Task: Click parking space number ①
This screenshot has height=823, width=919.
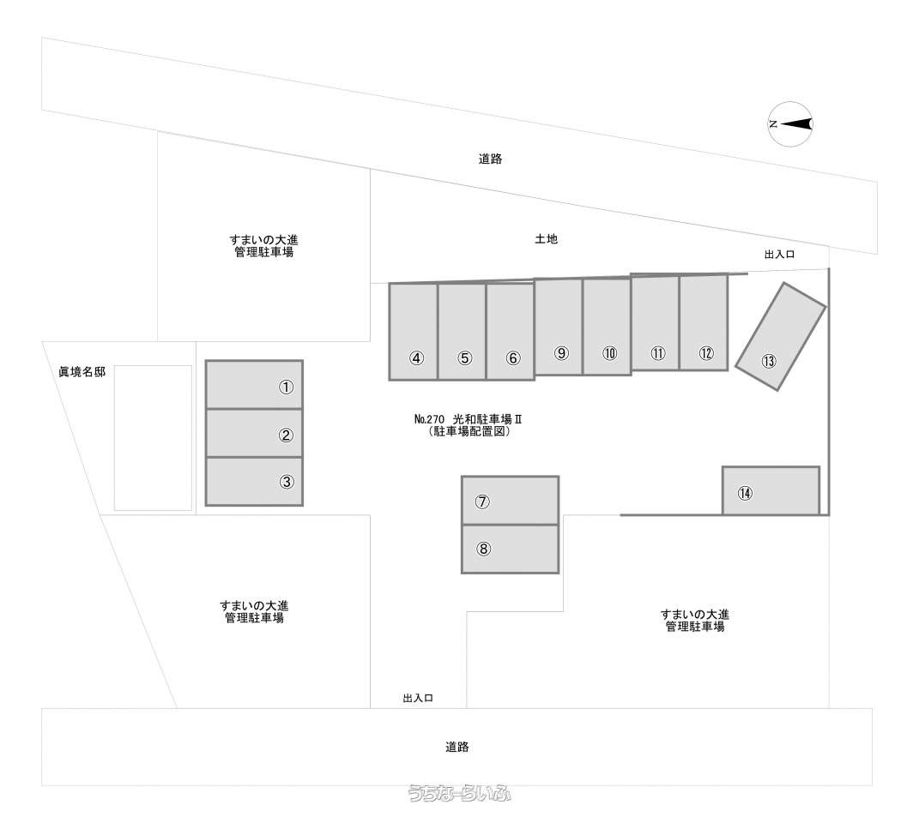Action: (254, 384)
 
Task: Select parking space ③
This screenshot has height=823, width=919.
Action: (254, 481)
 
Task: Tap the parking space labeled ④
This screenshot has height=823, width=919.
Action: (414, 332)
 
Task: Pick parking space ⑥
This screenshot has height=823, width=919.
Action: (510, 332)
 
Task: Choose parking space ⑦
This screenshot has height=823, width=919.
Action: (510, 501)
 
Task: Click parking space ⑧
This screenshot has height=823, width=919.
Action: (510, 549)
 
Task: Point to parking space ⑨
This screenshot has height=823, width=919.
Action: (559, 327)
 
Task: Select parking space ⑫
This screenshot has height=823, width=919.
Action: (704, 322)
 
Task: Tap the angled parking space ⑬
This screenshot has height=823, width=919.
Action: (781, 336)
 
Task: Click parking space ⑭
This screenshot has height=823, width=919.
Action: (771, 491)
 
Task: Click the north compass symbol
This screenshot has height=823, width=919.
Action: (790, 124)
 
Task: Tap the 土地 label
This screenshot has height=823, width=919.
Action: (546, 239)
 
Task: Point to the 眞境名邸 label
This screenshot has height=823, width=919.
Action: (82, 372)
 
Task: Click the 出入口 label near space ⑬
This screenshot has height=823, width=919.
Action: (779, 255)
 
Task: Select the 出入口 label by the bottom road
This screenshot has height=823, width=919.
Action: (418, 698)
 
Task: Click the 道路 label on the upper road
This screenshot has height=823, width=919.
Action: (490, 159)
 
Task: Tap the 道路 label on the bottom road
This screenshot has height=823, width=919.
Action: (456, 747)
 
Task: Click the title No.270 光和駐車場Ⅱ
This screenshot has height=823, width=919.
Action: (468, 419)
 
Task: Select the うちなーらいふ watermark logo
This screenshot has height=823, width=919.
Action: (460, 793)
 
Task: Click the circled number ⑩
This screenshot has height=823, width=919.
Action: (609, 353)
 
